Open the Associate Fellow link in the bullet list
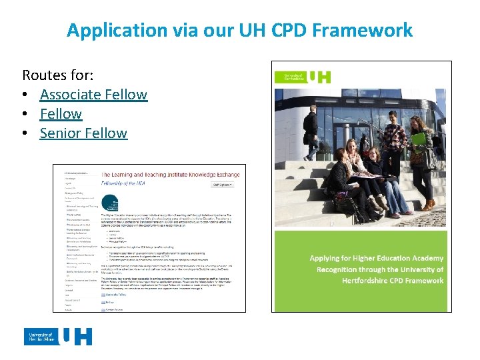(x=93, y=94)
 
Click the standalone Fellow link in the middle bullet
(x=61, y=113)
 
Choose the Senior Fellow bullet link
(x=83, y=133)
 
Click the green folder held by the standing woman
(x=418, y=139)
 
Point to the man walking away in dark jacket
(x=311, y=131)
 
